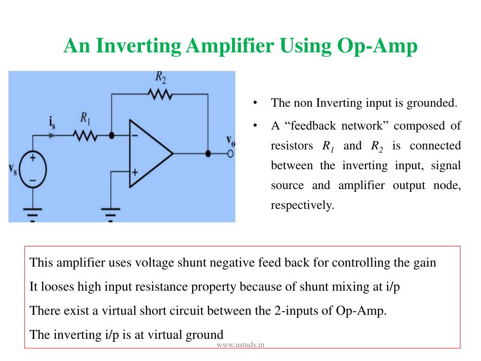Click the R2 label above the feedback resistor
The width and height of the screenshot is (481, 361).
pyautogui.click(x=161, y=76)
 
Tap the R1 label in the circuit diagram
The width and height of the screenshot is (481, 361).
pyautogui.click(x=85, y=117)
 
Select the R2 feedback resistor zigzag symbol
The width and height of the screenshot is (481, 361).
pyautogui.click(x=160, y=94)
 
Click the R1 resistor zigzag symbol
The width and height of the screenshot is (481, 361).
pyautogui.click(x=85, y=136)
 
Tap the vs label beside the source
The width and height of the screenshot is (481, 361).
pyautogui.click(x=13, y=170)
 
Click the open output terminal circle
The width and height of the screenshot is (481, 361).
pyautogui.click(x=230, y=154)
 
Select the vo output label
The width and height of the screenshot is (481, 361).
pyautogui.click(x=231, y=141)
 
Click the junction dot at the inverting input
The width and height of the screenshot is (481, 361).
pyautogui.click(x=111, y=136)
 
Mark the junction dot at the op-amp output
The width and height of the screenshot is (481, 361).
pyautogui.click(x=208, y=154)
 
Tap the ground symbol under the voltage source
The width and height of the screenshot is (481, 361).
pyautogui.click(x=33, y=214)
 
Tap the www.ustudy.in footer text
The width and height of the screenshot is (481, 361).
pyautogui.click(x=240, y=345)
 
